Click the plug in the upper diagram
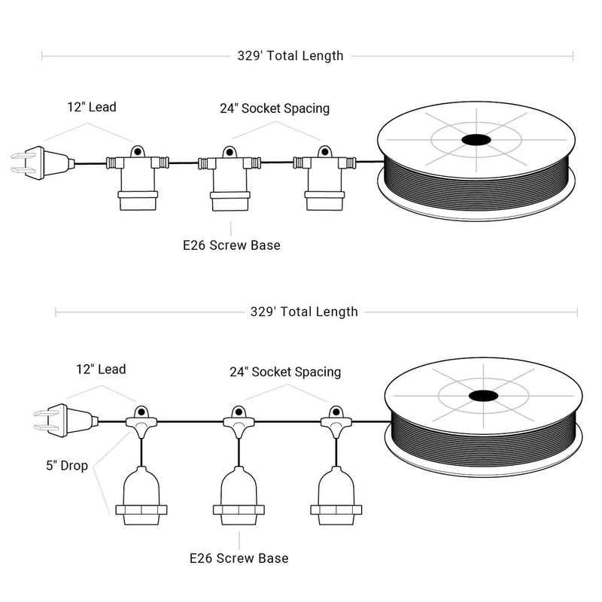pyautogui.click(x=42, y=163)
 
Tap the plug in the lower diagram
pyautogui.click(x=65, y=421)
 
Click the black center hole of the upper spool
pyautogui.click(x=476, y=140)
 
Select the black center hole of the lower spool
pyautogui.click(x=483, y=396)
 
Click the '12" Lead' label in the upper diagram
pyautogui.click(x=92, y=107)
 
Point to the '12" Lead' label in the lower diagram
pyautogui.click(x=101, y=369)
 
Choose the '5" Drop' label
pyautogui.click(x=67, y=466)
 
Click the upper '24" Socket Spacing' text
pyautogui.click(x=275, y=108)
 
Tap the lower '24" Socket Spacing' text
pyautogui.click(x=285, y=372)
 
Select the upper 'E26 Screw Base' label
pyautogui.click(x=232, y=245)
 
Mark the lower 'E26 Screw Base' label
pyautogui.click(x=239, y=558)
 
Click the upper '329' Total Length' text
pyautogui.click(x=290, y=56)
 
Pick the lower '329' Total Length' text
pyautogui.click(x=304, y=312)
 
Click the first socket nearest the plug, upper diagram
pyautogui.click(x=138, y=178)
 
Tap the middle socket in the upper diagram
pyautogui.click(x=230, y=179)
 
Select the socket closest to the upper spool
pyautogui.click(x=324, y=178)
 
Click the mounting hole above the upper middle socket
pyautogui.click(x=230, y=153)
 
